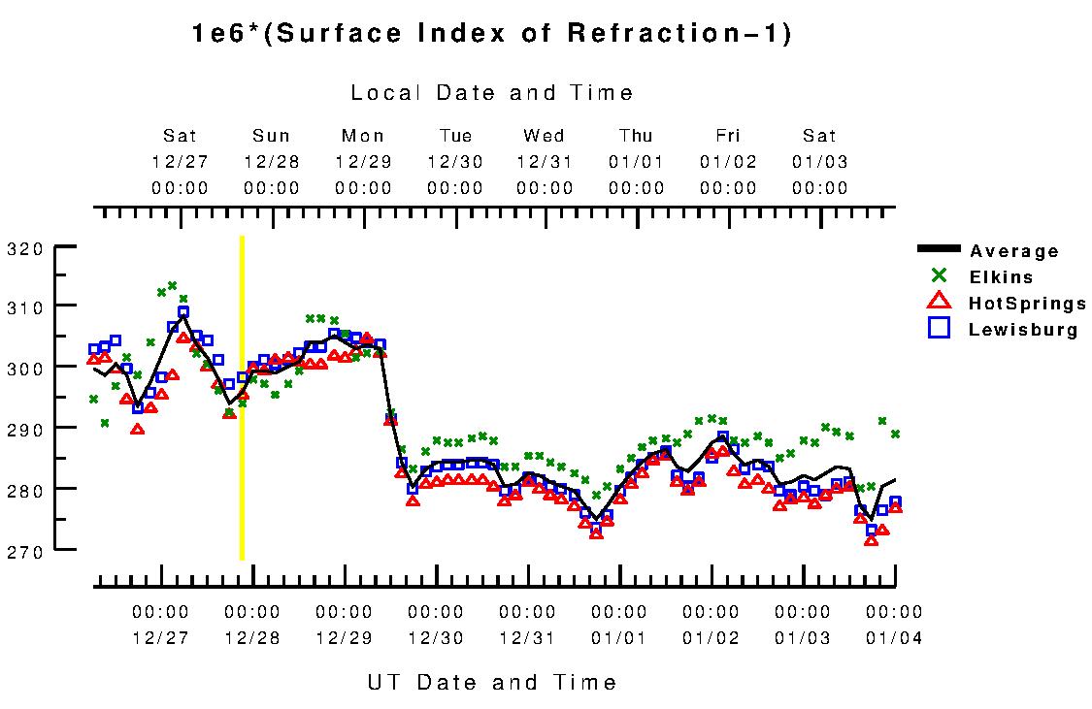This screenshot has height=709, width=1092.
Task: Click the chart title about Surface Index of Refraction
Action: [493, 34]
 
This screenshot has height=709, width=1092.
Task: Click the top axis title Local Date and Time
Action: [492, 93]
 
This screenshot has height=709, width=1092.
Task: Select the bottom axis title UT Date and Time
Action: [492, 682]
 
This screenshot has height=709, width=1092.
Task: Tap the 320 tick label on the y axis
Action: [25, 247]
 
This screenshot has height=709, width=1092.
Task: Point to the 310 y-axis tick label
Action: [25, 307]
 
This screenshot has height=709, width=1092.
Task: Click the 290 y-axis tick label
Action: [25, 428]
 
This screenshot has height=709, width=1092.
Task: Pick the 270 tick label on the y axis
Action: [25, 550]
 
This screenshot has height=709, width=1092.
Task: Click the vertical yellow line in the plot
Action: [242, 398]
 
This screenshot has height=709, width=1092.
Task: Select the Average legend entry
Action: [1014, 251]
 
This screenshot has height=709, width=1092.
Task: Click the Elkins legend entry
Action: [1001, 277]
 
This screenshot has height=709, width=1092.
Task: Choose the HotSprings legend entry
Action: [1027, 304]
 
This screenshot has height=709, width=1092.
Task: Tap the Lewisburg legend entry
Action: [1023, 330]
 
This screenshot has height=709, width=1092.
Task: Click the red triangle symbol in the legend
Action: [939, 303]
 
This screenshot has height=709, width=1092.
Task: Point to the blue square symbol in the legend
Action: [939, 329]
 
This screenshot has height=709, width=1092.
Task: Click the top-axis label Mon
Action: [363, 136]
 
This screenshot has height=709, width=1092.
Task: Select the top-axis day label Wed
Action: [545, 136]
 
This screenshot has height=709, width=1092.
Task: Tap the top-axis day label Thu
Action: [637, 136]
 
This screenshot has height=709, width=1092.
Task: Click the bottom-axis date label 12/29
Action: [344, 638]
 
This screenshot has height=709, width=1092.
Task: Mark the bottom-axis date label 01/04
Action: [894, 638]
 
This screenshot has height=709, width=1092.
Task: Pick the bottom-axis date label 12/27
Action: [160, 638]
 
